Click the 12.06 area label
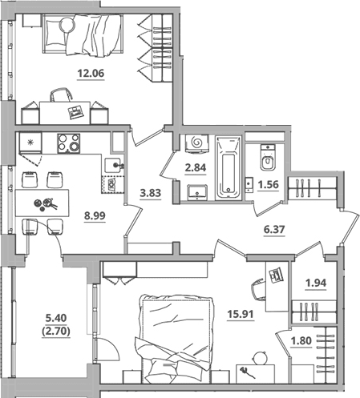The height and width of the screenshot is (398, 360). (x=91, y=73)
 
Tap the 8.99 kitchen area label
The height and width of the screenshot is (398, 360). (x=95, y=215)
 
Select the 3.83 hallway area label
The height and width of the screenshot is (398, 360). (x=151, y=193)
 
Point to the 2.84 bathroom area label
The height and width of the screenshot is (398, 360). (x=196, y=168)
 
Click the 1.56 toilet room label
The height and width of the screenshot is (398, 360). (x=268, y=184)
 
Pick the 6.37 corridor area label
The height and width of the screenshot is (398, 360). (x=274, y=229)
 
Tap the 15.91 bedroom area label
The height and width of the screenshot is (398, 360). (x=241, y=314)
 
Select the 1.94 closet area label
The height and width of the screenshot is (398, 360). (x=316, y=283)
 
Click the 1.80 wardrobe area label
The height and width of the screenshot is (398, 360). (x=301, y=341)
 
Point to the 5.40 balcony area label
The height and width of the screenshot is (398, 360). (x=56, y=318)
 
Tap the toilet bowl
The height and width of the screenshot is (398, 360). (x=268, y=157)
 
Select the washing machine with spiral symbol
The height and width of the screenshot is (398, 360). (x=197, y=143)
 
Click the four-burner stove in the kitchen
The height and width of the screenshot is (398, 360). (x=68, y=143)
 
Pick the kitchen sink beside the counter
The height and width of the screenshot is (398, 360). (x=113, y=166)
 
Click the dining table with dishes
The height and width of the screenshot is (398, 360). (x=42, y=203)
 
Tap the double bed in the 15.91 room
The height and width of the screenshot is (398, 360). (x=176, y=339)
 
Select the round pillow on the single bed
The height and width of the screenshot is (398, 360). (x=67, y=25)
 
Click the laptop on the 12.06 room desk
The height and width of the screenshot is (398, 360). (x=75, y=112)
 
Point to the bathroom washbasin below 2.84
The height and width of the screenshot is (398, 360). (x=197, y=192)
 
